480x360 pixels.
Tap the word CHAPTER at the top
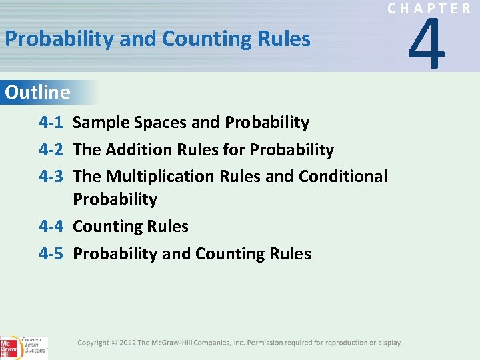429,9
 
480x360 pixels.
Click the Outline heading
37,92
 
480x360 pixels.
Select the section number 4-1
51,123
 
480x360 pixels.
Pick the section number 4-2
51,150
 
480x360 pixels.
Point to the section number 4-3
51,177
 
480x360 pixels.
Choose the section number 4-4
51,227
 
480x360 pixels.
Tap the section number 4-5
51,254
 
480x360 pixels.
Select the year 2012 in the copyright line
127,343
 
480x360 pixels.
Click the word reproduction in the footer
346,343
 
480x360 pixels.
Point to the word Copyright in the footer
93,343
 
